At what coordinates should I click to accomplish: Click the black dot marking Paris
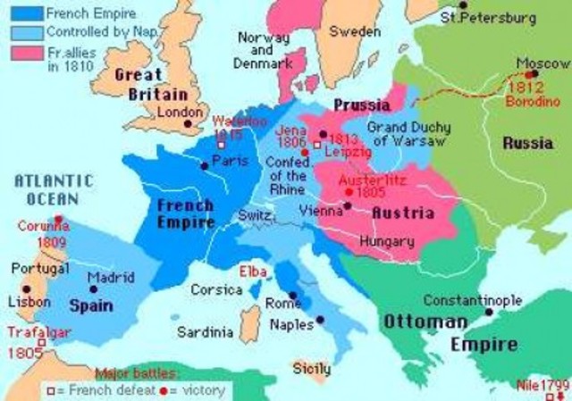(205, 166)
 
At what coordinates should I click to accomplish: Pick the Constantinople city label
(472, 300)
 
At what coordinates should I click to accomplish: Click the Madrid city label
(111, 277)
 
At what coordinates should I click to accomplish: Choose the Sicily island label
(312, 369)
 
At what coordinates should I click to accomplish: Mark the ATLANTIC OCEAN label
(51, 188)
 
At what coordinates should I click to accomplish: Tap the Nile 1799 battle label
(543, 386)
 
